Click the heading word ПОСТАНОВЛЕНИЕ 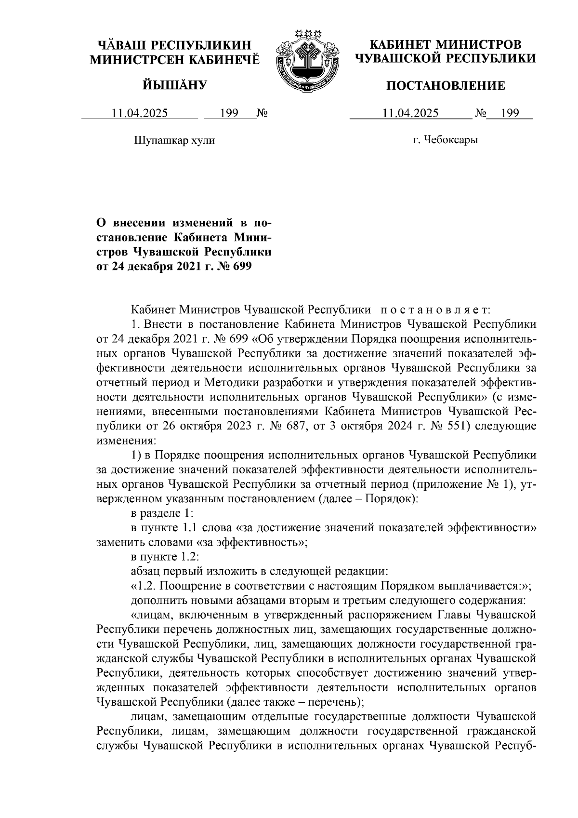click(446, 86)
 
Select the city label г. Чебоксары click(446, 140)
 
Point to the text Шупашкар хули click(173, 141)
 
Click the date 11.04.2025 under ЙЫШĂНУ click(140, 114)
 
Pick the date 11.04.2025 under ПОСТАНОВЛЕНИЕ click(410, 114)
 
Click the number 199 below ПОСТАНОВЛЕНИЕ click(510, 114)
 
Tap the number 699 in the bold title click(242, 266)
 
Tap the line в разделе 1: click(162, 513)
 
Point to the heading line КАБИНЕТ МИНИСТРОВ click(446, 45)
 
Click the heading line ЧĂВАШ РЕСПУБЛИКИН click(175, 45)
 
